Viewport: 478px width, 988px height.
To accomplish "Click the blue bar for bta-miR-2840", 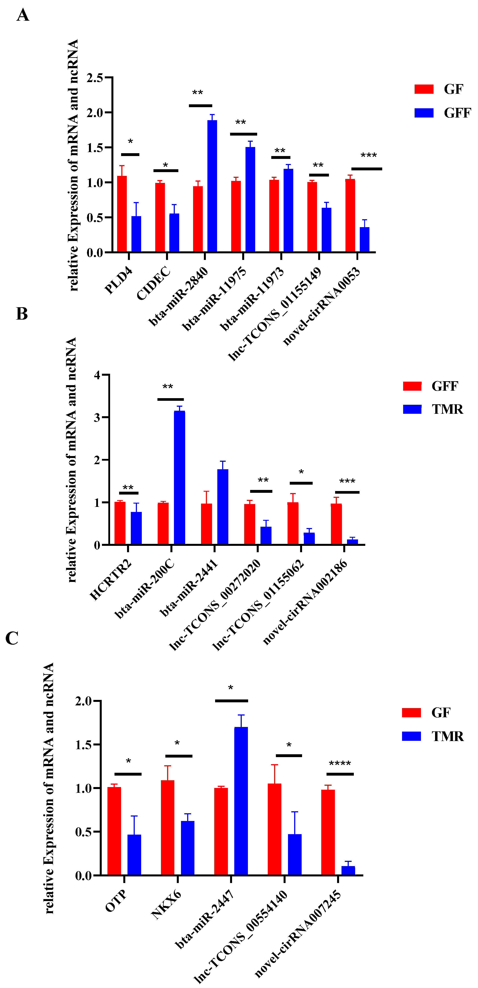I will tap(212, 186).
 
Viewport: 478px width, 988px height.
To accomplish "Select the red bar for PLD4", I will tap(122, 214).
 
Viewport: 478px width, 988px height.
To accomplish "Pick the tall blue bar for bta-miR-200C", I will tap(179, 478).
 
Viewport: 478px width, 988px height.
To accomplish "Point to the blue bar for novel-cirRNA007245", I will tap(348, 871).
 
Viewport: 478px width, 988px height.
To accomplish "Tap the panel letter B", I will tap(22, 314).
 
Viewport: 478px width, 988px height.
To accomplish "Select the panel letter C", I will tap(12, 638).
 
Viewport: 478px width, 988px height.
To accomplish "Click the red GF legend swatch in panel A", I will tap(424, 89).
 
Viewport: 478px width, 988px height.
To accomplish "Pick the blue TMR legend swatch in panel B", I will tap(412, 409).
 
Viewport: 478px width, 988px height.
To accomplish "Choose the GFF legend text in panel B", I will tap(445, 386).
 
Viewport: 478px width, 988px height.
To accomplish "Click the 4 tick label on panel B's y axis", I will tap(97, 375).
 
